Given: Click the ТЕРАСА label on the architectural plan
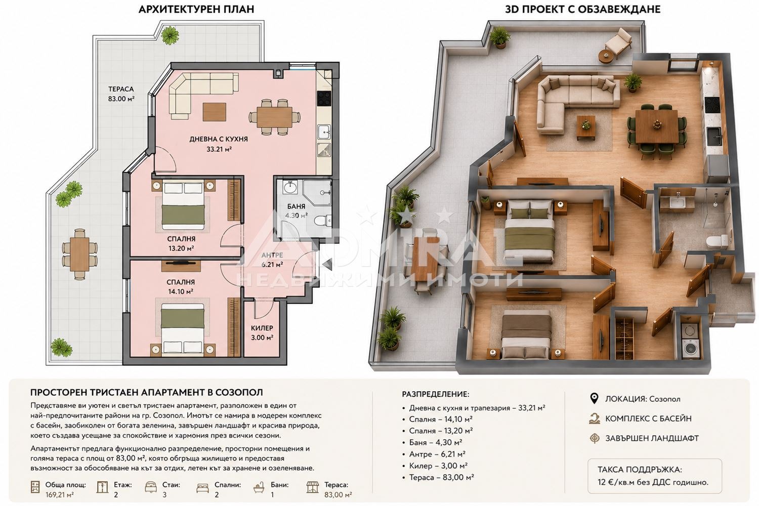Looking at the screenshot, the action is pos(121,89).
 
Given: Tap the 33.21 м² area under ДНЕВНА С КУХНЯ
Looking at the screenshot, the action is pos(219,149).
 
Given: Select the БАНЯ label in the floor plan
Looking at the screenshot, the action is pos(296,206).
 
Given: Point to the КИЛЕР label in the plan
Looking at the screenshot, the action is pos(262,328).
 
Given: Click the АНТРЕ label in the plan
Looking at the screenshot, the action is pos(272,255).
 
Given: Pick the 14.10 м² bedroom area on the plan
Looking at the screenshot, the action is pos(181,291).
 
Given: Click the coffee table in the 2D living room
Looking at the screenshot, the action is pos(215,112).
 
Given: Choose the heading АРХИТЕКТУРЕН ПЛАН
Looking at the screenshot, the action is pos(196,10).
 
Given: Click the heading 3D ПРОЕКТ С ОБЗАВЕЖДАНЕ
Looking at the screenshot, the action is pos(583,10).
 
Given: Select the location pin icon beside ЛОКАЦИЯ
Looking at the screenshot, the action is pos(594,399).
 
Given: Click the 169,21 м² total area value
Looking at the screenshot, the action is pos(60,495).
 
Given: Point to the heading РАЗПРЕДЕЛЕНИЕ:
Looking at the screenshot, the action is pos(435,394).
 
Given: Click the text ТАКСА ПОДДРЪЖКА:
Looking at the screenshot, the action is pos(640,470).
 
